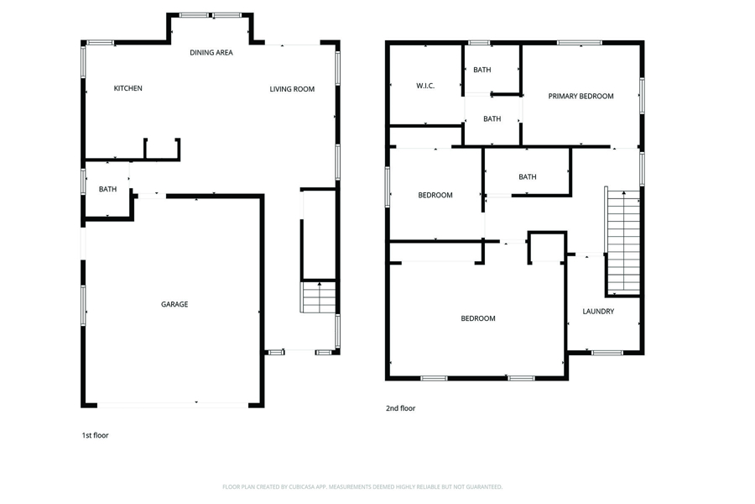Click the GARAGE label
174,304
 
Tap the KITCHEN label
128,88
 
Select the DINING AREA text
211,53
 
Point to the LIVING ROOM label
292,89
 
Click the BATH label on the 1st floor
107,189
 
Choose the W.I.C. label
425,86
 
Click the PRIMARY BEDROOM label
581,97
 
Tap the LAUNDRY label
598,312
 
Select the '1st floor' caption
95,435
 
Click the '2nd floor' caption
400,408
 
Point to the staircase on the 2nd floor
623,242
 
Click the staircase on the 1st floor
318,297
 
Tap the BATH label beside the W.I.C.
482,70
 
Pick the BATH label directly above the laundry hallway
528,177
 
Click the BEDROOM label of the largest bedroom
477,318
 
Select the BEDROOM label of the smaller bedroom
435,196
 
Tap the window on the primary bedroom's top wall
579,43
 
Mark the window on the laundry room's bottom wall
607,353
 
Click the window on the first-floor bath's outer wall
83,181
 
